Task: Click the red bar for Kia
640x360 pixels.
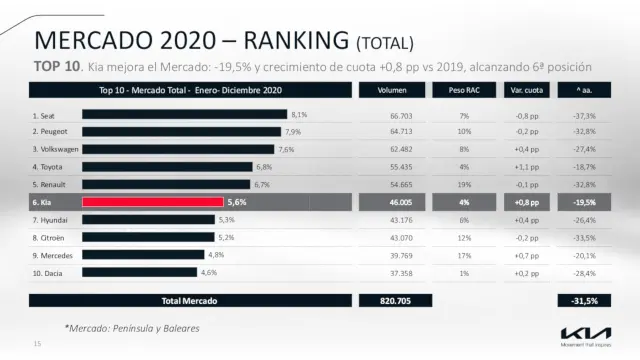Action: pyautogui.click(x=152, y=201)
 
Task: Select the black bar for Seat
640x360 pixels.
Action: pyautogui.click(x=185, y=115)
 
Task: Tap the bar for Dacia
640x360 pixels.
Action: pyautogui.click(x=139, y=272)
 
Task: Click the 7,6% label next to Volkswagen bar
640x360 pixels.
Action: pyautogui.click(x=286, y=149)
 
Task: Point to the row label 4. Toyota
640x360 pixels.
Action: pyautogui.click(x=48, y=167)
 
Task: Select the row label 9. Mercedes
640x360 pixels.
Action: pyautogui.click(x=52, y=254)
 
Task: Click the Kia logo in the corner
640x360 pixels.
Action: pyautogui.click(x=581, y=332)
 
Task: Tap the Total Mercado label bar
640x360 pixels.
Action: pyautogui.click(x=189, y=300)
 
